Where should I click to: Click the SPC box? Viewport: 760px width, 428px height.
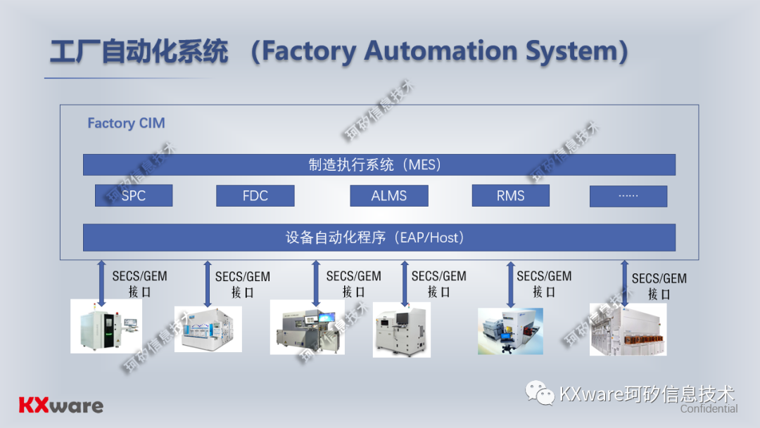pyautogui.click(x=134, y=196)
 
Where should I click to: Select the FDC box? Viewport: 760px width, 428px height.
pyautogui.click(x=255, y=196)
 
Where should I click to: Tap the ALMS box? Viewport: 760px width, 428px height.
pyautogui.click(x=389, y=196)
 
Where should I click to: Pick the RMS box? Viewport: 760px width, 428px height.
pyautogui.click(x=510, y=196)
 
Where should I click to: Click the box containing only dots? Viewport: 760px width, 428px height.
pyautogui.click(x=628, y=196)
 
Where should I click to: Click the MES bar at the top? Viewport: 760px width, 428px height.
pyautogui.click(x=379, y=165)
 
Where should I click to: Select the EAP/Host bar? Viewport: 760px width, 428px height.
pyautogui.click(x=379, y=238)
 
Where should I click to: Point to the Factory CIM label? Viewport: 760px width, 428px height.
pyautogui.click(x=126, y=124)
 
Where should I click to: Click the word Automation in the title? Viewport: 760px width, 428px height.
pyautogui.click(x=434, y=51)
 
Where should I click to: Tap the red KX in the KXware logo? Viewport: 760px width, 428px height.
pyautogui.click(x=33, y=406)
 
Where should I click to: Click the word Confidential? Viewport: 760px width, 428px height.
pyautogui.click(x=709, y=409)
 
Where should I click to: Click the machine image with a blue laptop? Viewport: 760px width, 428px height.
pyautogui.click(x=510, y=330)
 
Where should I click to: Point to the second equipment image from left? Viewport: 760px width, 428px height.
pyautogui.click(x=208, y=329)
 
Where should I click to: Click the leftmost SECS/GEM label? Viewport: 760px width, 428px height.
pyautogui.click(x=139, y=276)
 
